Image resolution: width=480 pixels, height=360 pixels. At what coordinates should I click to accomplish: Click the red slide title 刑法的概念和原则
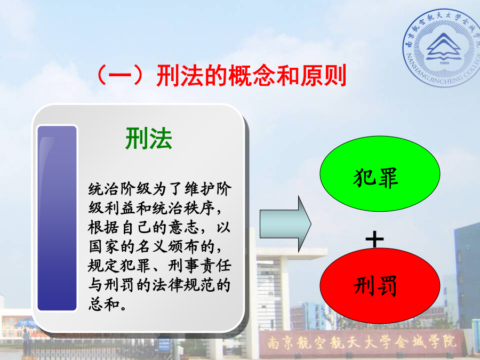[251, 75]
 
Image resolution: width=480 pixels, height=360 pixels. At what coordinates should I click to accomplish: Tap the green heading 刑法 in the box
[149, 138]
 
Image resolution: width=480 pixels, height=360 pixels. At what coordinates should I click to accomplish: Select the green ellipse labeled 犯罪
[380, 173]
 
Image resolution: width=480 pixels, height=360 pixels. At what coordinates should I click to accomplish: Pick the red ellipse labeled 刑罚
[380, 285]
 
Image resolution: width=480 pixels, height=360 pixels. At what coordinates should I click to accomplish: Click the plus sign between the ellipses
[375, 239]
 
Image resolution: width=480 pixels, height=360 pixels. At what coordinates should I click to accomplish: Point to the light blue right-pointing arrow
[285, 224]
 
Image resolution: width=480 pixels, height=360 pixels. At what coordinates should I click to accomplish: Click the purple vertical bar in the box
[57, 218]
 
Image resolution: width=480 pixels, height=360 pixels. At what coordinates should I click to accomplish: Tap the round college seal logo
[442, 47]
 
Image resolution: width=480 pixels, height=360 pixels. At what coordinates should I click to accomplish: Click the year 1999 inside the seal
[444, 63]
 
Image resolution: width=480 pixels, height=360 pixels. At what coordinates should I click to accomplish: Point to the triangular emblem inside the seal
[444, 46]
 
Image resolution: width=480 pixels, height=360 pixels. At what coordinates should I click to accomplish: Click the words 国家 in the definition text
[104, 246]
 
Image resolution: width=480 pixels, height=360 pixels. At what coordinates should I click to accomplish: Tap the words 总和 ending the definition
[104, 304]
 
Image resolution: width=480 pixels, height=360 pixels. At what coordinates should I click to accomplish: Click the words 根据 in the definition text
[104, 227]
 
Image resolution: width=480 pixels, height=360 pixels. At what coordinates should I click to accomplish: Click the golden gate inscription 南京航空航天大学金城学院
[362, 342]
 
